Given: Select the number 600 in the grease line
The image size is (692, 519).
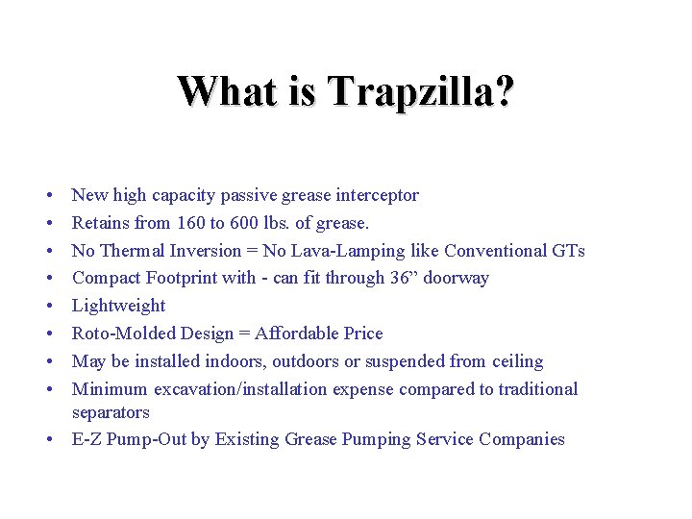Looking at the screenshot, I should pos(258,223).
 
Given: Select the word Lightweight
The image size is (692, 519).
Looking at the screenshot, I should pos(119,306).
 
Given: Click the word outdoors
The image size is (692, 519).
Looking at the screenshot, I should pos(311,361).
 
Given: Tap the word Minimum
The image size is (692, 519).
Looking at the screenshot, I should pos(111,389).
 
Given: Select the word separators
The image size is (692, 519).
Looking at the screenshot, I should pos(111,412).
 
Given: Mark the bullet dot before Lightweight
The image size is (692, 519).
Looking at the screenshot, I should pos(47,307).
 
